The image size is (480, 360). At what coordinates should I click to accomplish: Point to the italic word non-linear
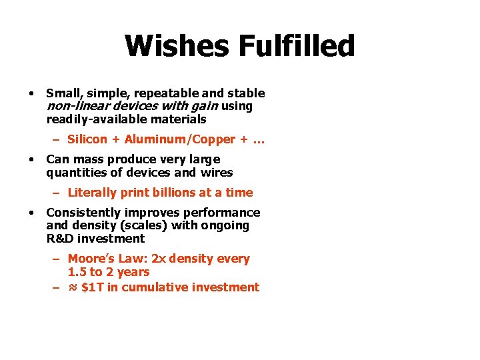tap(73, 106)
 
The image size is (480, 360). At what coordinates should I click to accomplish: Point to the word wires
tap(217, 173)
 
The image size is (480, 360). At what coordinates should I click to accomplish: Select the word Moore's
tap(91, 259)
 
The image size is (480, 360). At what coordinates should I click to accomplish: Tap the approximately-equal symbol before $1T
tap(73, 287)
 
